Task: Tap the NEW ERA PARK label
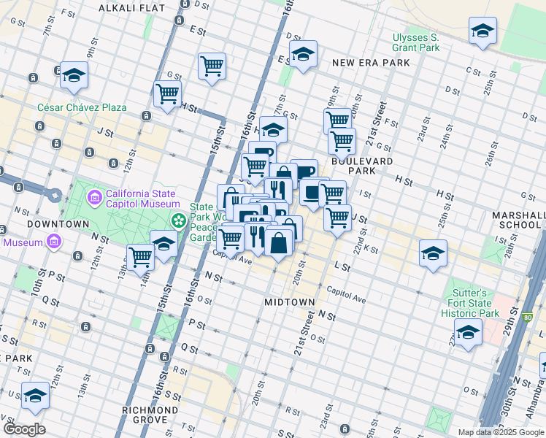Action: click(370, 63)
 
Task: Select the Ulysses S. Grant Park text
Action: click(416, 42)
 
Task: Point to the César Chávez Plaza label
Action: click(82, 107)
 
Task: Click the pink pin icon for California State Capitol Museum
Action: click(94, 197)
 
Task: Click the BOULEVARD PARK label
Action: click(363, 165)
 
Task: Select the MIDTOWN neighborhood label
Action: click(290, 301)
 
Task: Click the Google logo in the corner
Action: click(23, 429)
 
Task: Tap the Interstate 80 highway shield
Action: click(528, 318)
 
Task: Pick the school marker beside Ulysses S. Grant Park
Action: click(482, 31)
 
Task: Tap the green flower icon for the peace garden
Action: click(177, 219)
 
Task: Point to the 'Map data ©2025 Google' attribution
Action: click(500, 432)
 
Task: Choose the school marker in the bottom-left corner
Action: click(35, 395)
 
